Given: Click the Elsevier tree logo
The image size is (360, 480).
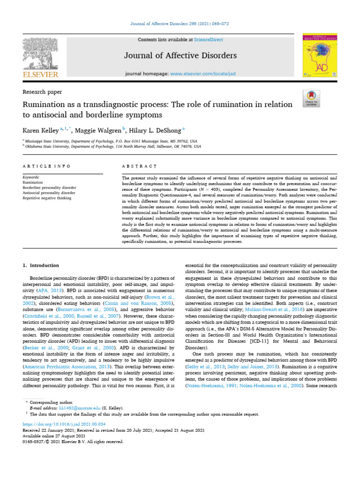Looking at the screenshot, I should coord(41,54).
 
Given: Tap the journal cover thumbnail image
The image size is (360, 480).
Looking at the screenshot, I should coord(320,55).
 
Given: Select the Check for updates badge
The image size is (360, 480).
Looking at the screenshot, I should coord(311,97).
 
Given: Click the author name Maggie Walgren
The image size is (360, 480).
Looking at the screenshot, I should coord(101,130).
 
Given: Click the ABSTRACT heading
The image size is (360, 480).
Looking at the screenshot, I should coord(139,166).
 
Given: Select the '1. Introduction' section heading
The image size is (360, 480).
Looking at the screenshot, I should coord(41,265).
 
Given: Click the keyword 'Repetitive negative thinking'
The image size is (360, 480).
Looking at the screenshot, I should coord(47,198).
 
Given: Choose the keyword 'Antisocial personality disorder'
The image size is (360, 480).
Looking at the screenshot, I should coord(49,193).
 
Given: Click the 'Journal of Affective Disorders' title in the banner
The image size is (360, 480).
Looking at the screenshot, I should coord(180,56).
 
